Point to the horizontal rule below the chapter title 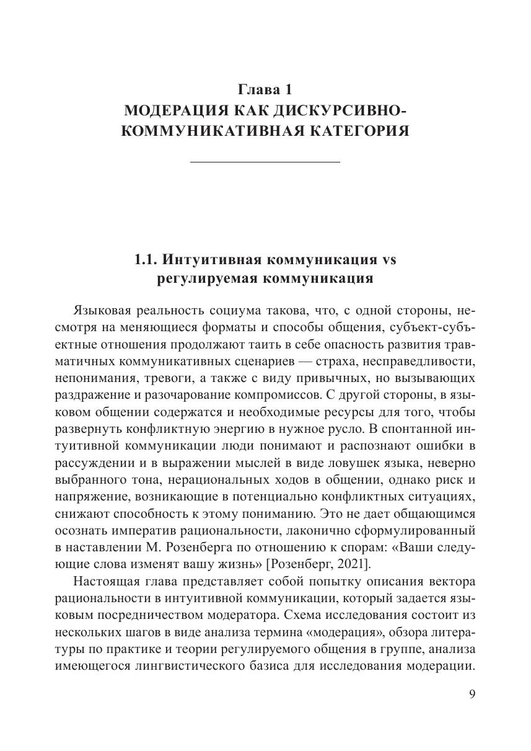[x=265, y=162]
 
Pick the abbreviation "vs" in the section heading [x=388, y=259]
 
